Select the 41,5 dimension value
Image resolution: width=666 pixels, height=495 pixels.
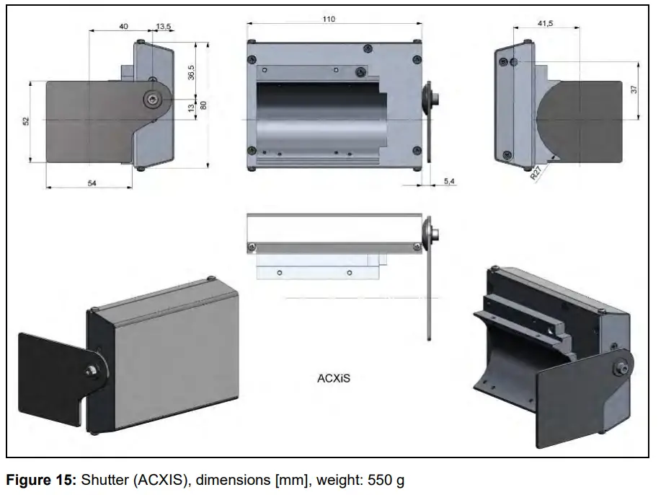(x=546, y=24)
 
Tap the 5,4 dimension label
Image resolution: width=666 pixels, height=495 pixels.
(x=448, y=181)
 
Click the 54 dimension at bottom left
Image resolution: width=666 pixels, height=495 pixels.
(x=92, y=183)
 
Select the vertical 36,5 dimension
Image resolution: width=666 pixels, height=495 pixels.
(x=191, y=74)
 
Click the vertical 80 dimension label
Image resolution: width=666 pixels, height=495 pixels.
(x=204, y=105)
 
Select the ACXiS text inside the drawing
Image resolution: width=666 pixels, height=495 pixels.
(x=334, y=377)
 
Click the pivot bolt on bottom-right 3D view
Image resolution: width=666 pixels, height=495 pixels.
(x=618, y=368)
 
